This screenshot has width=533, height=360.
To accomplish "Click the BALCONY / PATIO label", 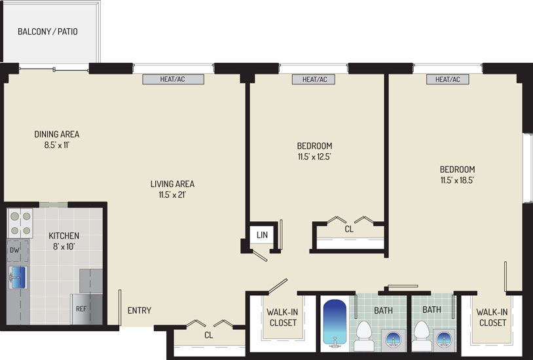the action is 48,31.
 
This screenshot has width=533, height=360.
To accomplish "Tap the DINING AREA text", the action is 57,134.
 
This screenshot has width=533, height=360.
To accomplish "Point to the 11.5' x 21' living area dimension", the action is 173,195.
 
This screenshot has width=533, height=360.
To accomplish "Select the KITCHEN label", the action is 64,236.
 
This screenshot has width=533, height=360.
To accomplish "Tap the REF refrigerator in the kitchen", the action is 86,309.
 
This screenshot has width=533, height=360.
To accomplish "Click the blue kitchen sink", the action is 18,277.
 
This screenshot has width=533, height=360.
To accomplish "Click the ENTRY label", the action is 139,310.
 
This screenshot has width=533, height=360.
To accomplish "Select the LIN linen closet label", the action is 262,235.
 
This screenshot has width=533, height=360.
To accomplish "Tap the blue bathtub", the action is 335,322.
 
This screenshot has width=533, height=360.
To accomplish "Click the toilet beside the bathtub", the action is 363,335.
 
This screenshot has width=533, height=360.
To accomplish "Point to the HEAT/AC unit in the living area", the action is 173,79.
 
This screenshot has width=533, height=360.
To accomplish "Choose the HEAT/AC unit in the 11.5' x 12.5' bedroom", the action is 314,79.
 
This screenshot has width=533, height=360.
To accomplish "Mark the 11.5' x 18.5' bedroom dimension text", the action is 457,180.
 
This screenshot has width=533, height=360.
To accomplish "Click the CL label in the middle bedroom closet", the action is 349,229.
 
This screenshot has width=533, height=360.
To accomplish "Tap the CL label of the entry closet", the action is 209,335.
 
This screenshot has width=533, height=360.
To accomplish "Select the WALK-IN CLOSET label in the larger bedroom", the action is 492,317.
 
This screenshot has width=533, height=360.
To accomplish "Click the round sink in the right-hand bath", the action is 444,339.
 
